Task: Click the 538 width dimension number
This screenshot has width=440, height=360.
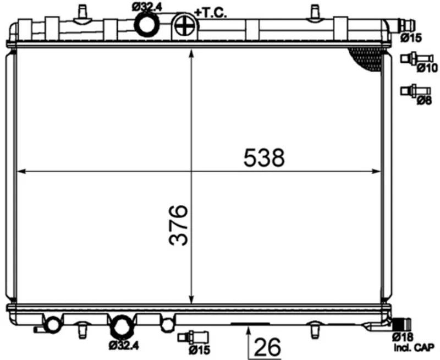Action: [x=264, y=157]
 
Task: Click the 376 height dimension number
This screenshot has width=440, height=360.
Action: [x=178, y=225]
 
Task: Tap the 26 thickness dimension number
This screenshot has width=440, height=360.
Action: [x=267, y=347]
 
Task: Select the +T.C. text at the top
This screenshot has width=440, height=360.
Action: [x=211, y=13]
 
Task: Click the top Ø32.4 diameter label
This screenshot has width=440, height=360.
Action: [x=147, y=7]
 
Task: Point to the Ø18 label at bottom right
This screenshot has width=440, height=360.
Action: [x=403, y=337]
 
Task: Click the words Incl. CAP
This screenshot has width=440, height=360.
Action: [x=414, y=348]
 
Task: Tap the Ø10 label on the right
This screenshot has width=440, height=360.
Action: [x=427, y=68]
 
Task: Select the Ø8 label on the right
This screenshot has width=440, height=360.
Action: [x=424, y=100]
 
